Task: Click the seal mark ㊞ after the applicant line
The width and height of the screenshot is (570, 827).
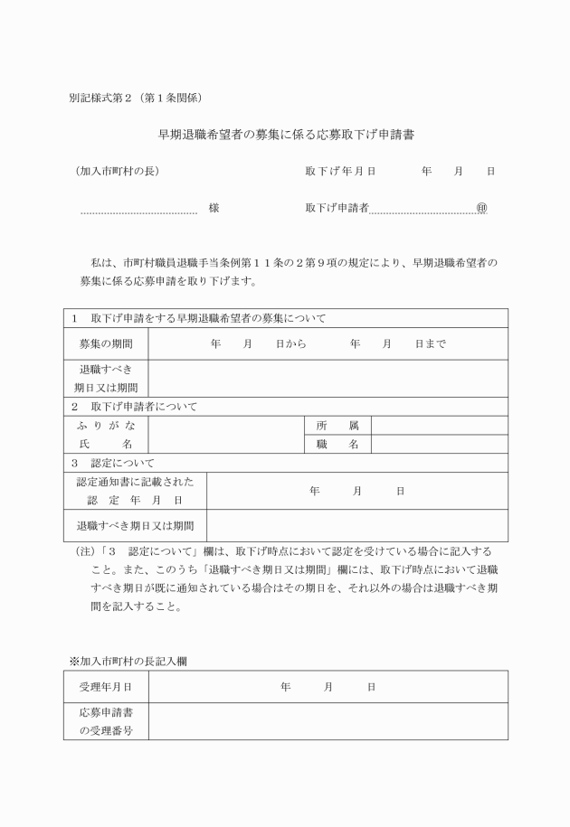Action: pos(481,208)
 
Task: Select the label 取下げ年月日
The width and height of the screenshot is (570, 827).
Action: pos(340,171)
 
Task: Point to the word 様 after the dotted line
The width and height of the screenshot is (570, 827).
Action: pos(214,208)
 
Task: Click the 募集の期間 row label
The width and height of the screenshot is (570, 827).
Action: pos(106,343)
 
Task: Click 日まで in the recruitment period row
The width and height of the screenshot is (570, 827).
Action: pos(431,343)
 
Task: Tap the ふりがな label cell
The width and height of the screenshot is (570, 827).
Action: pos(106,425)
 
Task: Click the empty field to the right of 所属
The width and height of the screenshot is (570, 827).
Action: pos(439,425)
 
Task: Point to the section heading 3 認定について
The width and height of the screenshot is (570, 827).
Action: pos(113,463)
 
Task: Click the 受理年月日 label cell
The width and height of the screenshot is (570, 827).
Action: pos(106,687)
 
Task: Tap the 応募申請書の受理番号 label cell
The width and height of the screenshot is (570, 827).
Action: pos(106,721)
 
